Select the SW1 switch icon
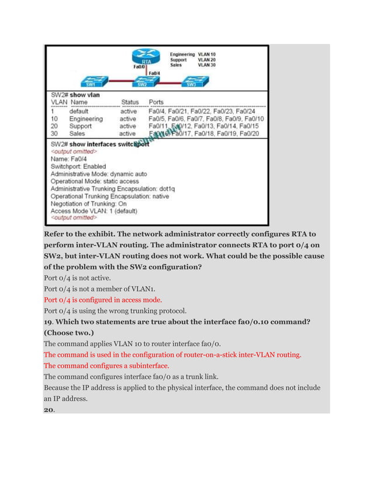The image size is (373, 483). pyautogui.click(x=91, y=80)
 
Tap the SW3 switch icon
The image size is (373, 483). pyautogui.click(x=191, y=80)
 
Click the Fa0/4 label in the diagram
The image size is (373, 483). pyautogui.click(x=155, y=73)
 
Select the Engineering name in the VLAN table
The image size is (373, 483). pyautogui.click(x=86, y=118)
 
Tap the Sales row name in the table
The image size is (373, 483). pyautogui.click(x=78, y=133)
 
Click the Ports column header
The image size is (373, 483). pyautogui.click(x=157, y=102)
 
